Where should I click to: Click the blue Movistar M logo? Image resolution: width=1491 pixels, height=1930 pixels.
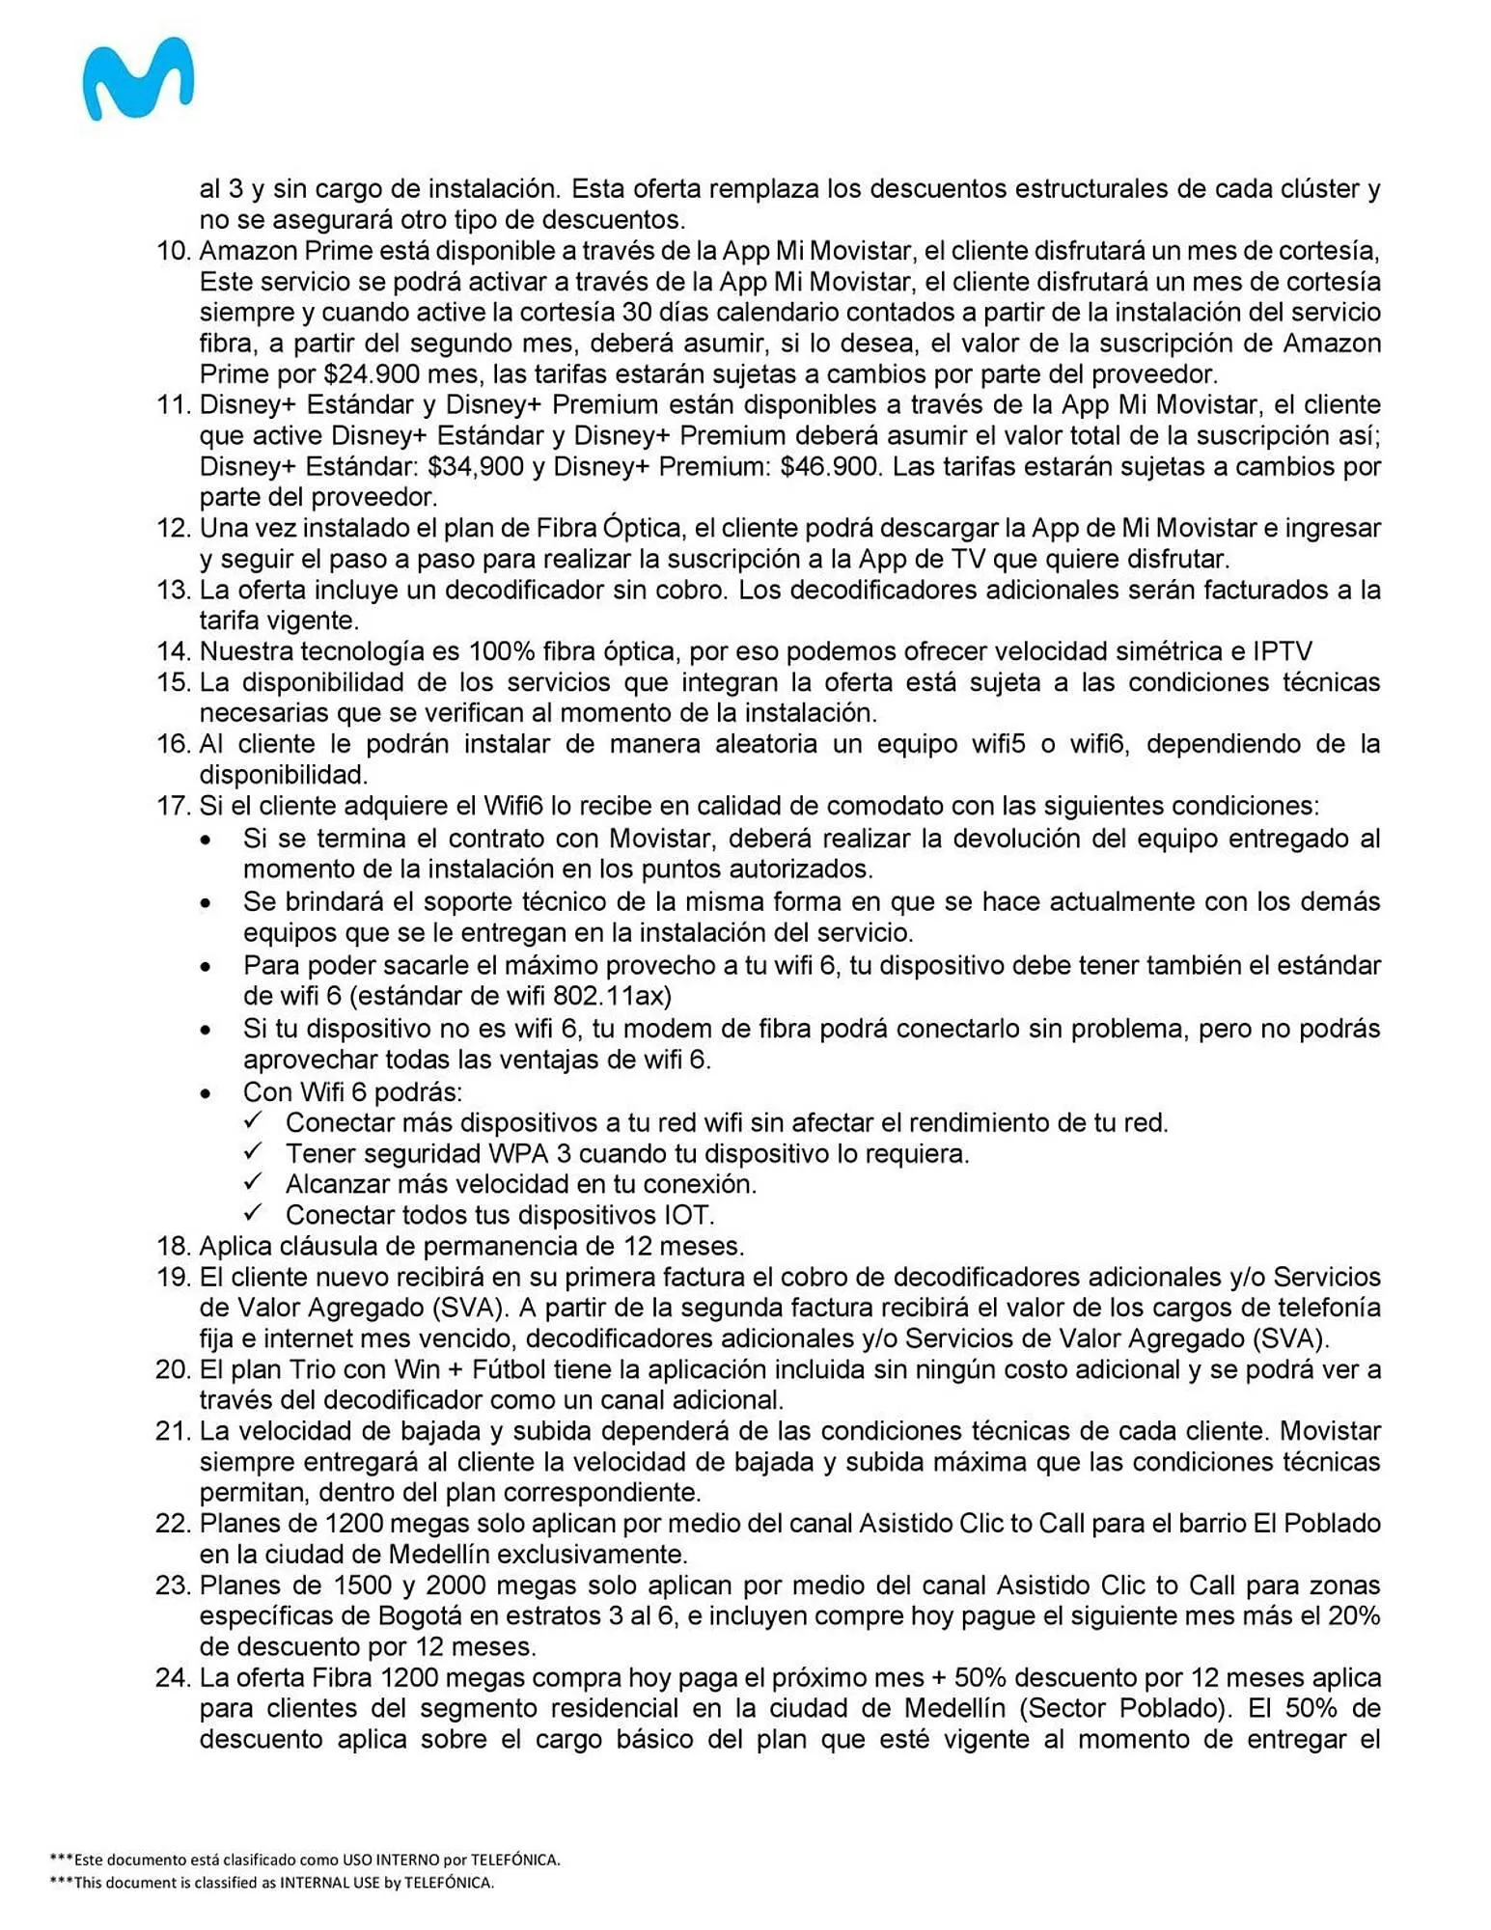coord(137,79)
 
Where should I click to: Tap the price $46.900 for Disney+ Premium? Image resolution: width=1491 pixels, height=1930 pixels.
coord(830,466)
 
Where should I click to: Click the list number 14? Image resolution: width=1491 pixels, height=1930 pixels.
coord(174,651)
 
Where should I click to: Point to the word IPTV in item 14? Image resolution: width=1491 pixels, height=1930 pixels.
coord(1282,651)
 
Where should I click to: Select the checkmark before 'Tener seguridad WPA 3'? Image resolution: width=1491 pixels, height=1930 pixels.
coord(254,1151)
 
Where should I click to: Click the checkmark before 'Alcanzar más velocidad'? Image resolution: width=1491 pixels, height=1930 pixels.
coord(254,1182)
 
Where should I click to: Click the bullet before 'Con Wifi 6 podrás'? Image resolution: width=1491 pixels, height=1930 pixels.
coord(206,1093)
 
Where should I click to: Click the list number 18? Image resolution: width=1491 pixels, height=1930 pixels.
coord(174,1245)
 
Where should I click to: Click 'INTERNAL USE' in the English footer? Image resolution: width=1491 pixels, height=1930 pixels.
coord(329,1882)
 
